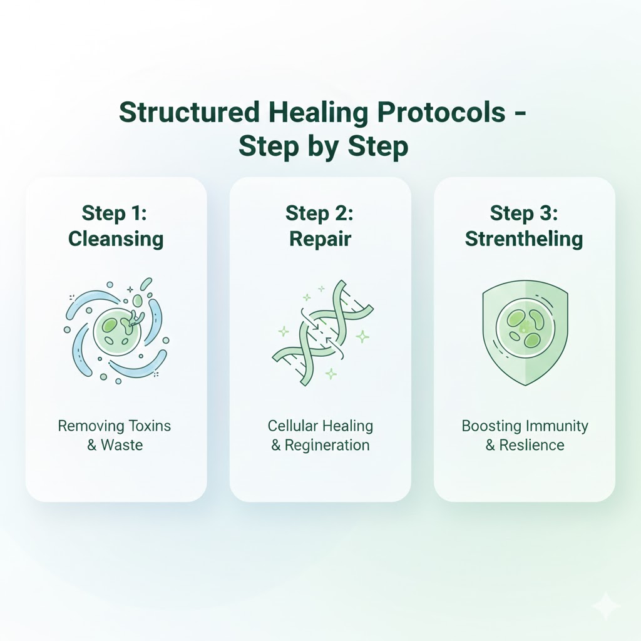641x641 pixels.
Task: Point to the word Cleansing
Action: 116,238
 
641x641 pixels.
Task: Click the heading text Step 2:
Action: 320,213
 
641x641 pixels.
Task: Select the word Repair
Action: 320,238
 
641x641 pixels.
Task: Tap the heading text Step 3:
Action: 524,213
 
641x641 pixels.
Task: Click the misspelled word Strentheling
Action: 524,238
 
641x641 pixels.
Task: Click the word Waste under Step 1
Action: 123,446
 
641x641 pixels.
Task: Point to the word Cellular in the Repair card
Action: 292,426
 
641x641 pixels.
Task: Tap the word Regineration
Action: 327,446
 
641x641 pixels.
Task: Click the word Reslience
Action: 532,446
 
